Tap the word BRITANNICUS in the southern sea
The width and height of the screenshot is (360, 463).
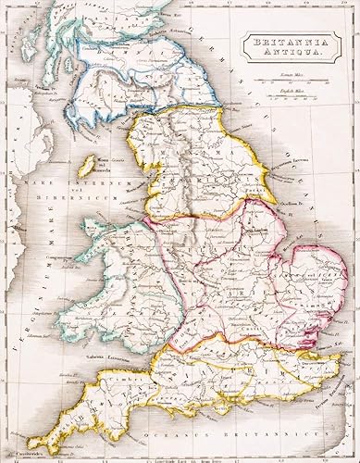pos(278,433)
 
